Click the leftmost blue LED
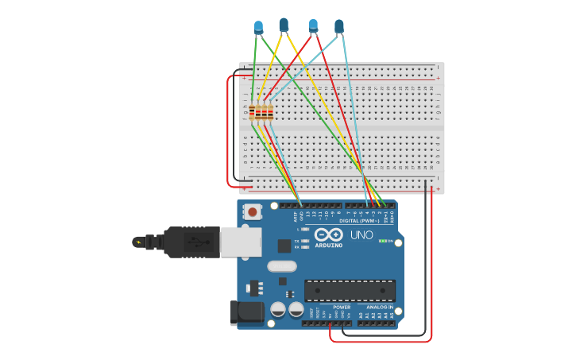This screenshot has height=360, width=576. click(258, 27)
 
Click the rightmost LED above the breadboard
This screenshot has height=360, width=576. click(339, 26)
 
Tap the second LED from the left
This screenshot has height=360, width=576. click(284, 25)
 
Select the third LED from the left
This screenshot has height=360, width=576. click(313, 26)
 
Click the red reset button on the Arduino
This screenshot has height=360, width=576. click(253, 211)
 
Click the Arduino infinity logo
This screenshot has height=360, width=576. click(329, 234)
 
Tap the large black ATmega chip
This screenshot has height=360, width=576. click(350, 291)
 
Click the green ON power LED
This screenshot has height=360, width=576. click(382, 241)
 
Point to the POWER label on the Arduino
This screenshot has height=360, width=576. click(342, 307)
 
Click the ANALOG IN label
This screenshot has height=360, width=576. click(379, 307)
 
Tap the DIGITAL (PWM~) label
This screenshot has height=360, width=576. click(358, 220)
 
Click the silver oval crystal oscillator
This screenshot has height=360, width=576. click(282, 267)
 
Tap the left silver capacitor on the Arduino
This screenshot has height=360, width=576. click(278, 309)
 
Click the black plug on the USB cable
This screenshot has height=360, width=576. click(191, 242)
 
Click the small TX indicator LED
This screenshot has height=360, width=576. click(306, 240)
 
